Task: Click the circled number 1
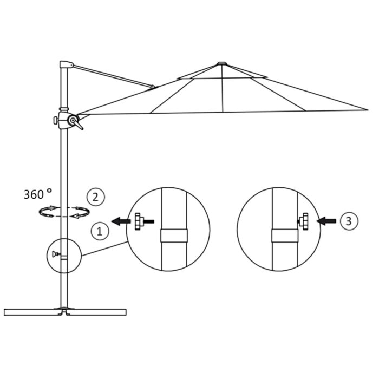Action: (99, 232)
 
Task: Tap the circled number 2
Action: (96, 197)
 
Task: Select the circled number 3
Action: (348, 220)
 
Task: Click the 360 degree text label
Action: (37, 193)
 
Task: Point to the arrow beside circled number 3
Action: (327, 221)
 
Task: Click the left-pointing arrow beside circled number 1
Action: (120, 221)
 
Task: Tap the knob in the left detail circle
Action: (140, 221)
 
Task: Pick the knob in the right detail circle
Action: (303, 221)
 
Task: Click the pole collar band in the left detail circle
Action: (174, 236)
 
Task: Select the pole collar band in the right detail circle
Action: (284, 236)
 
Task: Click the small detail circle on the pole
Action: (63, 254)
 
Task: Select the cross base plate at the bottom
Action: (65, 311)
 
